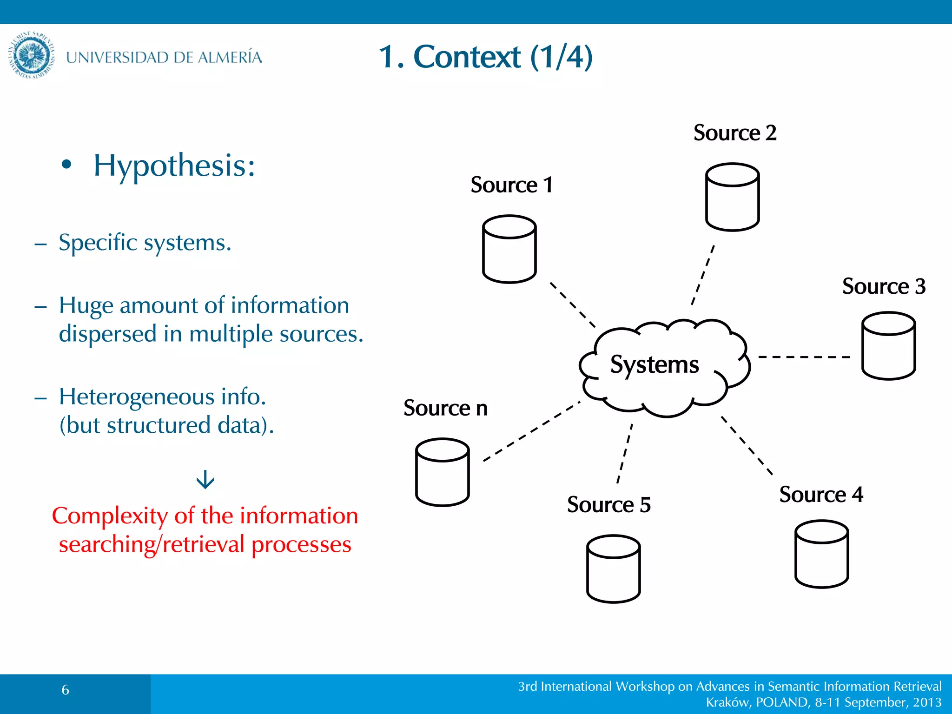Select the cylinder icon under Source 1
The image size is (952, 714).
tap(509, 249)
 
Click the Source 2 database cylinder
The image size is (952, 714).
tap(732, 197)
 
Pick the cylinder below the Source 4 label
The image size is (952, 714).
tap(821, 554)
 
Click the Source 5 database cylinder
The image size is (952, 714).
tap(613, 569)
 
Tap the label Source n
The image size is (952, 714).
tap(445, 408)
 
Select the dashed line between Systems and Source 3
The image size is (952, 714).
tap(804, 357)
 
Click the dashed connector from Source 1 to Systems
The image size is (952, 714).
tap(573, 305)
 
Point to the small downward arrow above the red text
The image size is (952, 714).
tap(205, 480)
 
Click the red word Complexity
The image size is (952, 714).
tap(110, 516)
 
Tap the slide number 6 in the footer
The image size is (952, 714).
tap(66, 690)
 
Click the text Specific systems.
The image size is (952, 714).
tap(145, 243)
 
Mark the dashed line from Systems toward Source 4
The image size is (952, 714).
tap(747, 446)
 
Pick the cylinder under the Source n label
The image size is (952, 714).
tap(442, 472)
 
